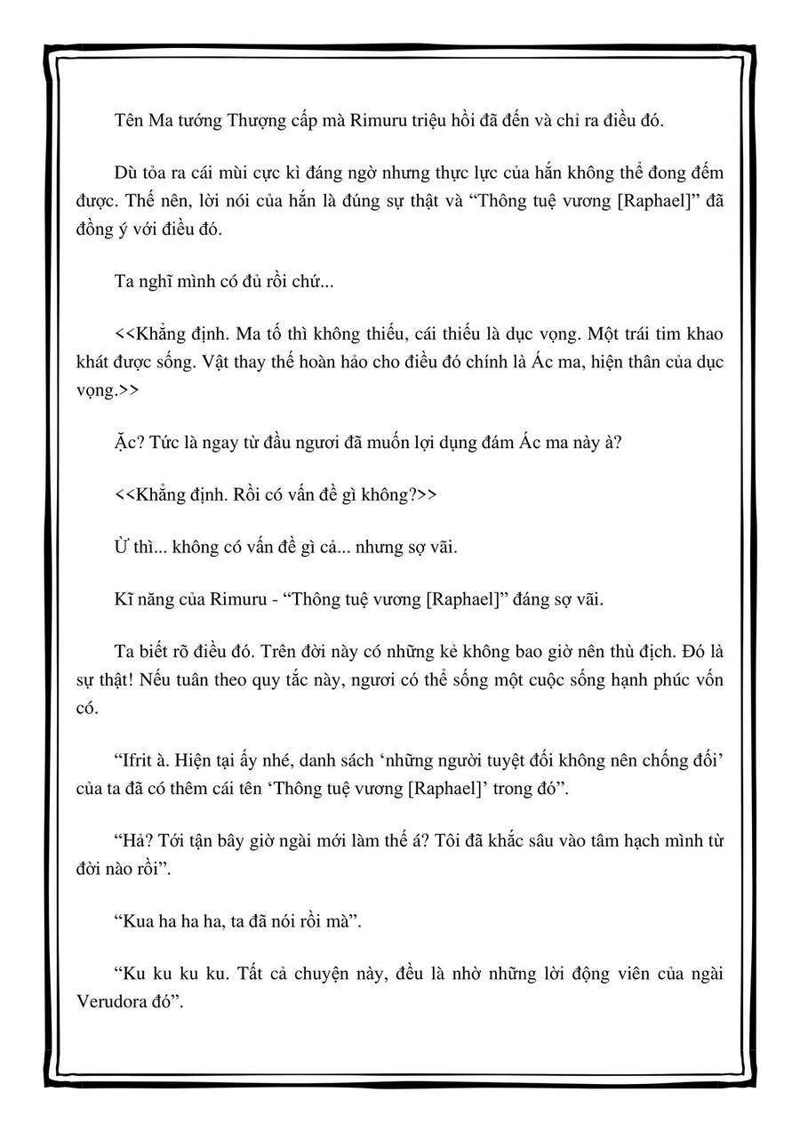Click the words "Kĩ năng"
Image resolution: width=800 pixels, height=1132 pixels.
coord(143,598)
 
